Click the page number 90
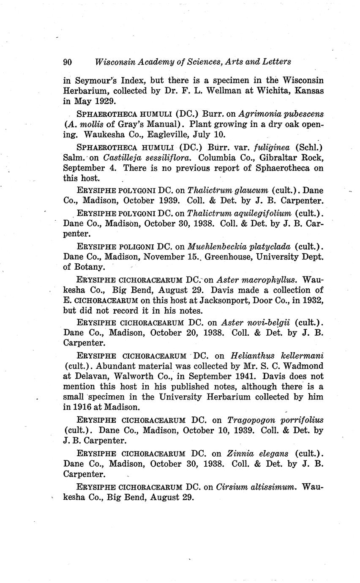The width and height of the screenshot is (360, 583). coord(68,62)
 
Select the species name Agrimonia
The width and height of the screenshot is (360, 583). coord(258,114)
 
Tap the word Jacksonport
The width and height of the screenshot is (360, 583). coord(230,301)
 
